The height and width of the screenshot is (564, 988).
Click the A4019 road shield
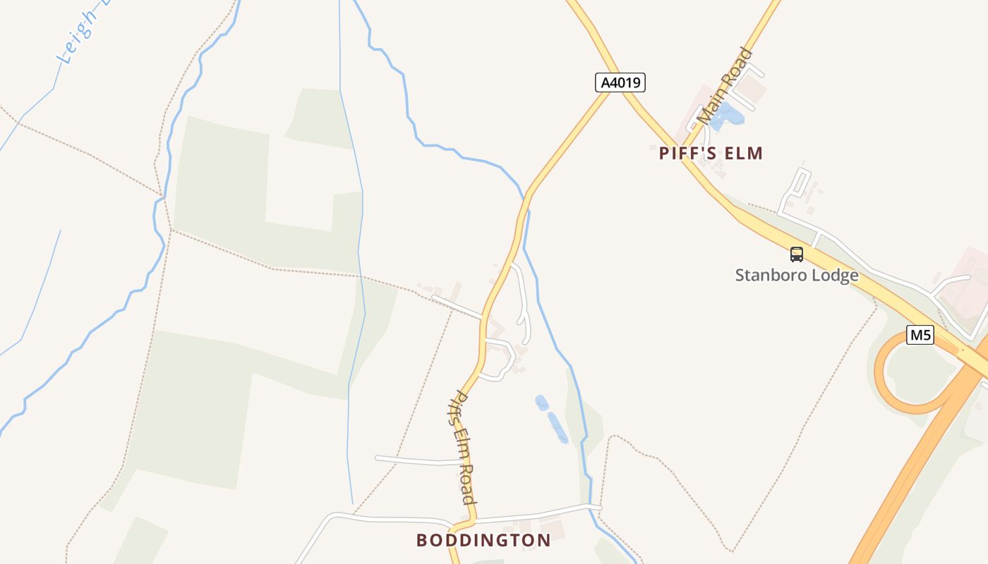(620, 82)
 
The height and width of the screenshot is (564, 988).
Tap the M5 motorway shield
(920, 335)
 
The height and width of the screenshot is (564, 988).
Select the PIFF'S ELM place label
(711, 153)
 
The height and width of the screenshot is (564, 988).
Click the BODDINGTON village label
(483, 540)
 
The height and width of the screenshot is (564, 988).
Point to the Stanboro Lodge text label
(797, 275)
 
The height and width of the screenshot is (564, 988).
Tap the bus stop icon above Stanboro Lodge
(797, 255)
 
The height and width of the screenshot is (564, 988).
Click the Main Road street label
(725, 86)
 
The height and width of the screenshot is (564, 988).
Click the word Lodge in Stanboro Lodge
(836, 275)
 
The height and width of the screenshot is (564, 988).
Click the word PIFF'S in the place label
(685, 153)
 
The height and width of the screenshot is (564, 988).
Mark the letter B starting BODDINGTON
(422, 540)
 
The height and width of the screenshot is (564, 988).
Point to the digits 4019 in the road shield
(625, 82)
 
